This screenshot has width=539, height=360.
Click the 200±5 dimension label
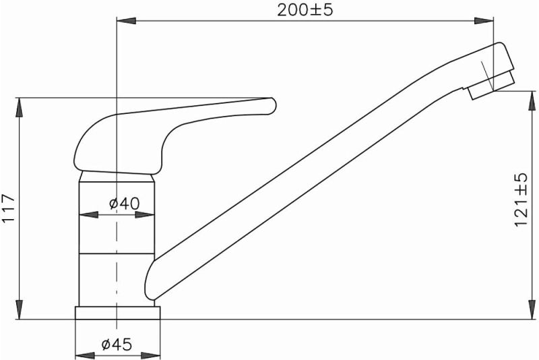[x=305, y=10]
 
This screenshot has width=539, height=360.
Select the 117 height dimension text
[x=9, y=208]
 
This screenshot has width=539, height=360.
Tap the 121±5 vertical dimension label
[x=521, y=200]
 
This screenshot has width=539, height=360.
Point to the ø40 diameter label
[x=125, y=204]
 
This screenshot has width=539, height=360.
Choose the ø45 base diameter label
[x=117, y=344]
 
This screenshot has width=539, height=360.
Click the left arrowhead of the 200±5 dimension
[x=126, y=21]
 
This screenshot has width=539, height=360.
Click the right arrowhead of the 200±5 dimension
[x=484, y=21]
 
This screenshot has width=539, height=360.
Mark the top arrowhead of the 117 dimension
[x=20, y=107]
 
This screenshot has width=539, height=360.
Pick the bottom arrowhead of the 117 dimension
[x=20, y=309]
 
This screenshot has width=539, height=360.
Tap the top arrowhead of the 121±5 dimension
[x=532, y=100]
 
